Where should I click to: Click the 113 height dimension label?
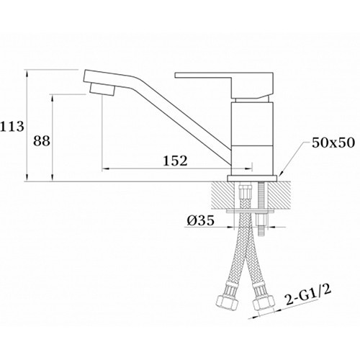[x=12, y=126]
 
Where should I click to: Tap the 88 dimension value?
[x=42, y=141]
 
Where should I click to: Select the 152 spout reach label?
[x=175, y=161]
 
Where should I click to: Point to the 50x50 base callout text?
[x=333, y=143]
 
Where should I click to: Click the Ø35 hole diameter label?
[x=200, y=220]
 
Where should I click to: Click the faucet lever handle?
[x=225, y=84]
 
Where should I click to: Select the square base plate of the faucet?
[x=252, y=178]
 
